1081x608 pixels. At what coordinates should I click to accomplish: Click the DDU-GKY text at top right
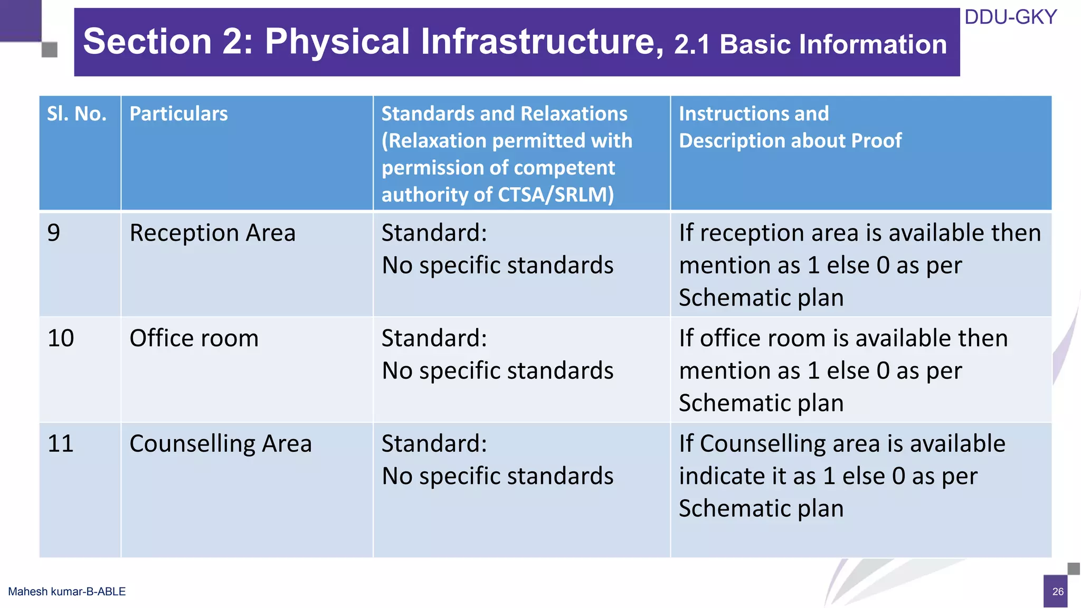1010,17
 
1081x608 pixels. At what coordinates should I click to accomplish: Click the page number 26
1058,592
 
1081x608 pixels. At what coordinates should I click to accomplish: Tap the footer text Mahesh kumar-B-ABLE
67,592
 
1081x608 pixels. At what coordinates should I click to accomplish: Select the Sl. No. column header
77,114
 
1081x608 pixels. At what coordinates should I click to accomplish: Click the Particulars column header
178,114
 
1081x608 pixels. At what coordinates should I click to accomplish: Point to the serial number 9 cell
54,233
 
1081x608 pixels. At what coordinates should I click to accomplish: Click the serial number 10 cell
61,338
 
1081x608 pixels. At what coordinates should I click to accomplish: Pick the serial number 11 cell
61,444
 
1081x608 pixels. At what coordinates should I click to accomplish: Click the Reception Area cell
212,233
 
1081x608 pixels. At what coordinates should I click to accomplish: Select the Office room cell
194,338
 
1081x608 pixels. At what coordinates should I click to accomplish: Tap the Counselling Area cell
220,444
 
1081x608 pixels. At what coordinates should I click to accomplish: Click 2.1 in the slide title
692,45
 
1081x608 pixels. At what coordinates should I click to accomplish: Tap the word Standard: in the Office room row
434,338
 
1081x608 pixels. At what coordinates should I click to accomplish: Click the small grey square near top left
50,50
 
